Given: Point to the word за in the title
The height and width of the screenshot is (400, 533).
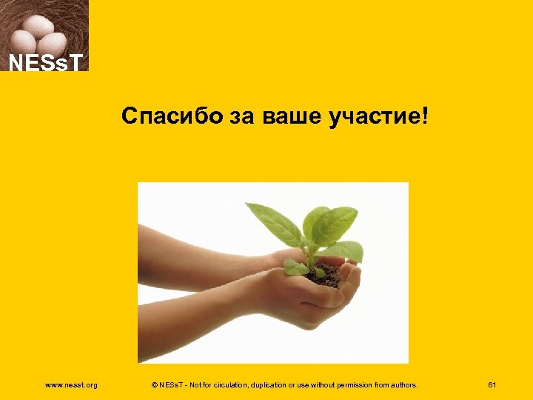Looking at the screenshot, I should tap(240, 116).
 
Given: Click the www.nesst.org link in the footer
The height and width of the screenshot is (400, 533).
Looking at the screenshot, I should tap(71, 384).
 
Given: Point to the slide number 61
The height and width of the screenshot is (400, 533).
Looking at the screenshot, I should tap(492, 384).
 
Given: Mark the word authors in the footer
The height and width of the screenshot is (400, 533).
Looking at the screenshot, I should tap(400, 384).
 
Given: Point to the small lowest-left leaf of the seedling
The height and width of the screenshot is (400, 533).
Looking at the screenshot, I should tap(295, 266).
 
